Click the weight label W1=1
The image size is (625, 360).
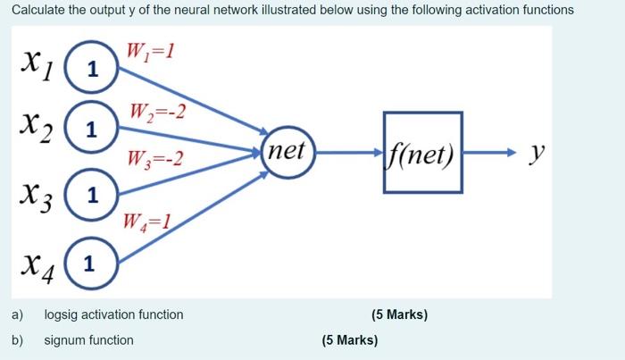[149, 51]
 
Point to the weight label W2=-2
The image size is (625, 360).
[156, 113]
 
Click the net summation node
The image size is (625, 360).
[287, 151]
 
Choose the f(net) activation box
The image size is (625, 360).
[423, 152]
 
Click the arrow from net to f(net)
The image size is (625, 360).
[349, 152]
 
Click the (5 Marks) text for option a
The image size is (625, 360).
[399, 314]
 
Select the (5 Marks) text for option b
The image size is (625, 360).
[349, 340]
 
